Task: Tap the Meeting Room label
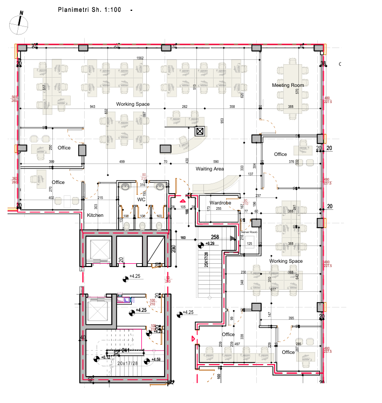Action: (x=288, y=85)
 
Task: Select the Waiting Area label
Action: (x=209, y=169)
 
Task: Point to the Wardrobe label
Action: (x=220, y=203)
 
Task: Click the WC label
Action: (x=141, y=200)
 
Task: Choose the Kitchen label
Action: (x=95, y=215)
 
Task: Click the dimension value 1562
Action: (x=140, y=58)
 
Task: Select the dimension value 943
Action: (x=92, y=107)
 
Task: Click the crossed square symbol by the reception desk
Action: (x=200, y=131)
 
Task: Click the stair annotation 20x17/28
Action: (x=127, y=363)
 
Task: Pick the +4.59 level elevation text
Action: (x=156, y=359)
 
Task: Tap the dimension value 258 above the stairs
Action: (x=214, y=237)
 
